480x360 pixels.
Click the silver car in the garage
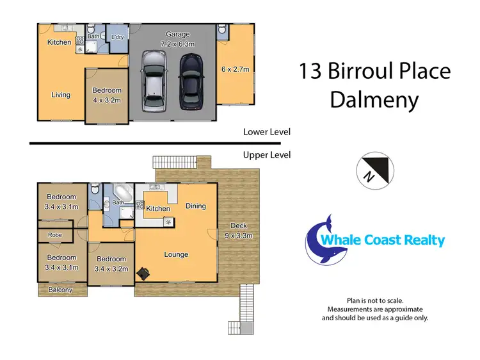[x=154, y=81]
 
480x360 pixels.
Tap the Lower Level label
[x=267, y=132]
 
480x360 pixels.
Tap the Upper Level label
[x=267, y=155]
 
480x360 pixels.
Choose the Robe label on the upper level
[x=54, y=235]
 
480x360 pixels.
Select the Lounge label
[x=176, y=254]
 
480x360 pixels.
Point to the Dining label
[x=195, y=206]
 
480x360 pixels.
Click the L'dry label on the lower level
[x=117, y=37]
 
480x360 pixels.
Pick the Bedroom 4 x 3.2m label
[x=106, y=95]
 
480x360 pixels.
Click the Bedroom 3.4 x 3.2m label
[x=111, y=264]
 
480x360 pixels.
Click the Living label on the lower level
[x=61, y=95]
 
